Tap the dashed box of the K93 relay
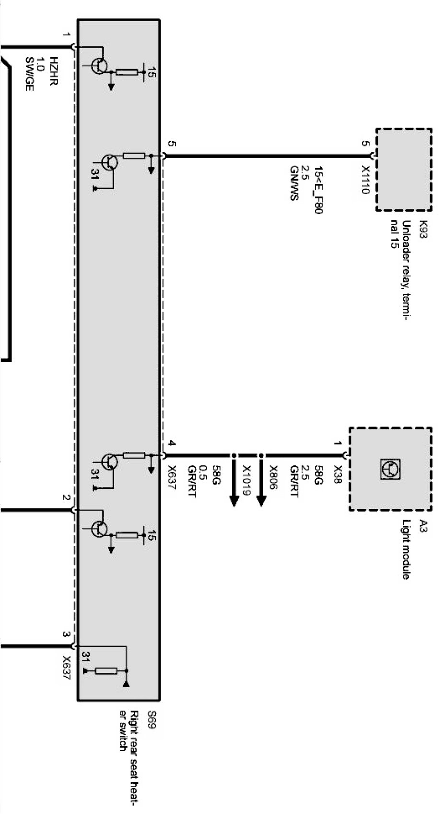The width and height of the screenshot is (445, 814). tap(404, 170)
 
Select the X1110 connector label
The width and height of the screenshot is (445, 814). tap(366, 180)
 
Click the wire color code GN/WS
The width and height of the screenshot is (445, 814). tap(294, 183)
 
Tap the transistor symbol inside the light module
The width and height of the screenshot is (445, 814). tap(390, 469)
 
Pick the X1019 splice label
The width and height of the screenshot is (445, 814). tap(246, 480)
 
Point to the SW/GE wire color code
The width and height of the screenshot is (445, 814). tap(29, 74)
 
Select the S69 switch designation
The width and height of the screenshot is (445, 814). tap(152, 720)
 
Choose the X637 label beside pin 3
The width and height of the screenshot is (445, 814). tap(66, 668)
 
